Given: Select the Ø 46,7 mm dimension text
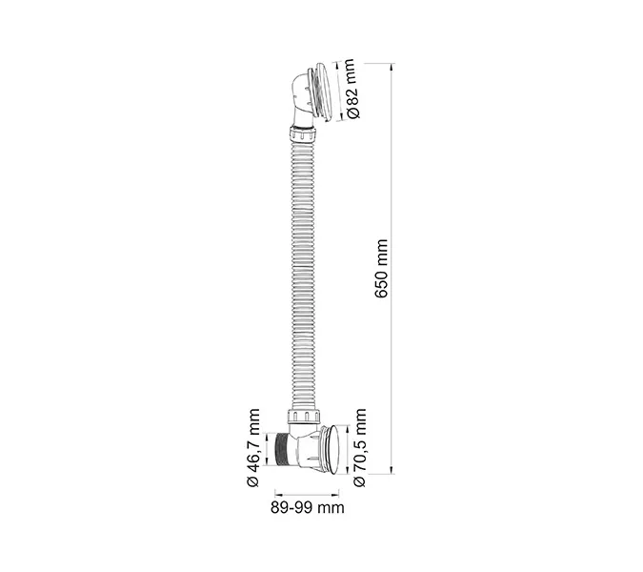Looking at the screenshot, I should pyautogui.click(x=253, y=448).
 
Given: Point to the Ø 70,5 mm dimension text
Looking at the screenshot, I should pyautogui.click(x=360, y=448).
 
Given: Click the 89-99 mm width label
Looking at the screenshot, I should pyautogui.click(x=307, y=508).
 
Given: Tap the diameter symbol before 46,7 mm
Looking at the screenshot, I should pyautogui.click(x=253, y=480).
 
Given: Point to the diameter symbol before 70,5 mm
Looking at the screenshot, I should pyautogui.click(x=360, y=480).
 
